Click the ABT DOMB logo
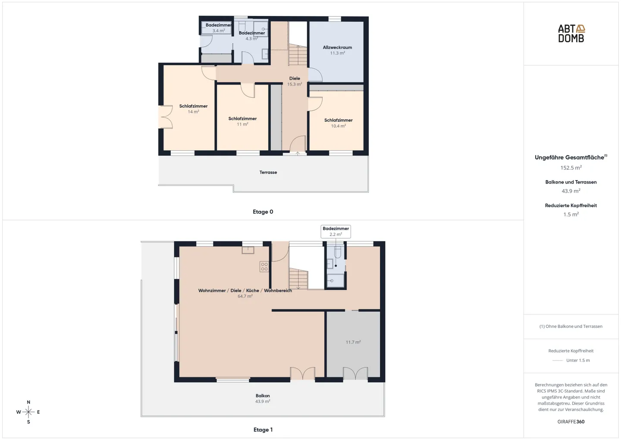571,33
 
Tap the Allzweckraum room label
337,47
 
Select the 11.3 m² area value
337,53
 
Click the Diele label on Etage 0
295,79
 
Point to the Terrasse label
268,172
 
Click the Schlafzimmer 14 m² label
193,106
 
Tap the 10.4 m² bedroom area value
338,126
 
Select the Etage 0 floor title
263,212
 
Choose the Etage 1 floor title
263,430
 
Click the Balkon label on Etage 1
263,396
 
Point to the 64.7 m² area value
245,296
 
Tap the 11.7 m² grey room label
353,342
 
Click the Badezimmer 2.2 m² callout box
336,231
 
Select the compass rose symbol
28,412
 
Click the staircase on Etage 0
298,56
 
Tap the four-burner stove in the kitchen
264,267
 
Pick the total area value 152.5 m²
571,168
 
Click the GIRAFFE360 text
571,422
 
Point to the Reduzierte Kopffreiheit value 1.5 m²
571,214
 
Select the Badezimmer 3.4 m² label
218,25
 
